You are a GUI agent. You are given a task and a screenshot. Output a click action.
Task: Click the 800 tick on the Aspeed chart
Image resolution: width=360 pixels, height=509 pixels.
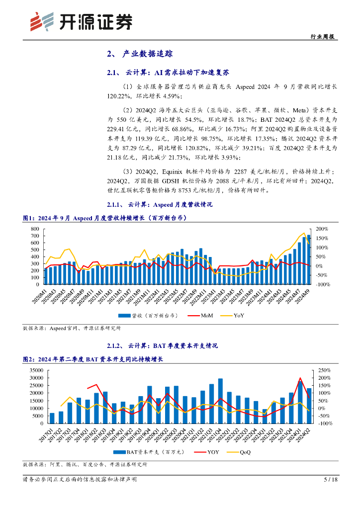point(35,229)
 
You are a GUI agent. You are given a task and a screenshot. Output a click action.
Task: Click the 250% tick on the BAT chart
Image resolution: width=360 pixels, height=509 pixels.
point(324,370)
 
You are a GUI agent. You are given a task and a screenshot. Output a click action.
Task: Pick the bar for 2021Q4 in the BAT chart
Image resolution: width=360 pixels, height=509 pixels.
point(220,401)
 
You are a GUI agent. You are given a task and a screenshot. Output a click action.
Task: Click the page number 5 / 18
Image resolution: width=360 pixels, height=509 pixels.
point(331,480)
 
